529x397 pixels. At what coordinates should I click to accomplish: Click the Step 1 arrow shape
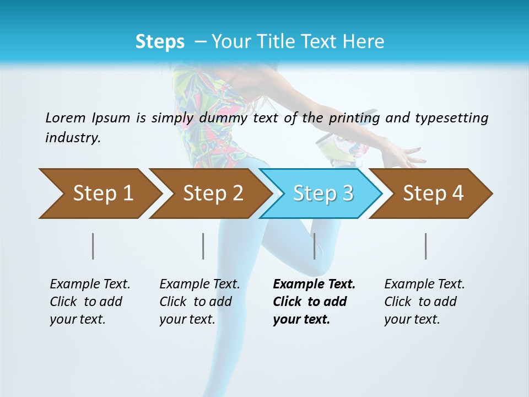point(99,193)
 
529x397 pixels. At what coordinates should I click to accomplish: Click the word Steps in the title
point(160,41)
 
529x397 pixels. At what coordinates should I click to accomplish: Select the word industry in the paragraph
point(73,137)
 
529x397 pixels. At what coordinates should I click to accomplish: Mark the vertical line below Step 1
point(93,246)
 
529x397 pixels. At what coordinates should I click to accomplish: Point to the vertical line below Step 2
point(203,246)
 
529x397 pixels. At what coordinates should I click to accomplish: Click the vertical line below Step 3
point(314,246)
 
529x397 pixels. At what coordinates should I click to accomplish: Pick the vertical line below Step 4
point(425,246)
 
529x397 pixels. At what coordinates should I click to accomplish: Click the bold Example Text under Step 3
point(313,302)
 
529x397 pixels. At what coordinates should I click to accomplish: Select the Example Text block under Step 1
point(89,302)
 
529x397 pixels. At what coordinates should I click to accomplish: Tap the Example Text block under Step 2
point(199,302)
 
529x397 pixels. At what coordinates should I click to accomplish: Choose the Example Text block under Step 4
point(424,302)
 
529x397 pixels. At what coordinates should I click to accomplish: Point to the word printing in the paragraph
point(354,117)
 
